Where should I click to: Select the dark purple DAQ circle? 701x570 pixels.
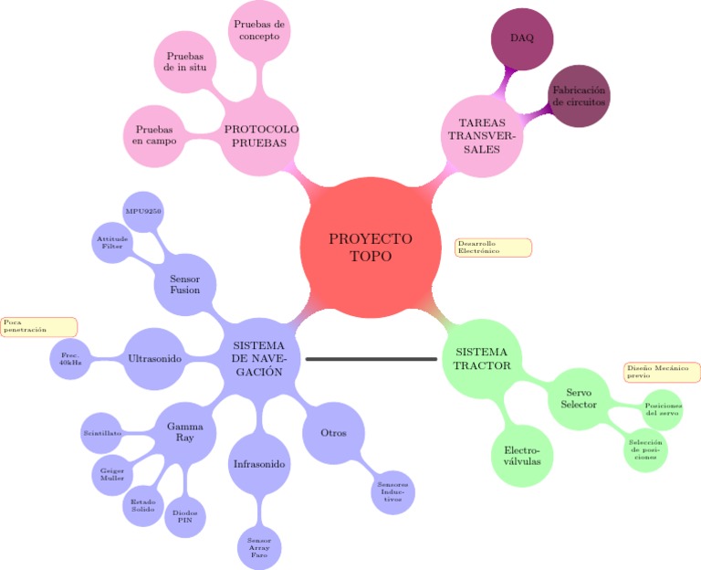point(522,38)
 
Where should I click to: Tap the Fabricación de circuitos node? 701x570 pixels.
point(579,96)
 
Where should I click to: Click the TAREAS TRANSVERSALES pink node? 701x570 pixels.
point(480,136)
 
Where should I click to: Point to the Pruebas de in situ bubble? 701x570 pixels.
point(184,62)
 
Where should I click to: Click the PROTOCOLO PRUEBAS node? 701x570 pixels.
point(261,136)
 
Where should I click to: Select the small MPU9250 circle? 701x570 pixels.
point(143,211)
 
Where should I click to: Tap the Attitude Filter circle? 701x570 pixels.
point(114,242)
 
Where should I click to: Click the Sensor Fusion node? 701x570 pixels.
point(184,283)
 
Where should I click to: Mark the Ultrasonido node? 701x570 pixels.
point(155,359)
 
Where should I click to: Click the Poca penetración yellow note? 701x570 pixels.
point(39,326)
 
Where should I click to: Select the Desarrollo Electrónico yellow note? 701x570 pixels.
point(493,248)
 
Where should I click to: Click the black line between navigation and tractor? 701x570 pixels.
point(371,359)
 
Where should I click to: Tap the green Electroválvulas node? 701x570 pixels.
point(522,456)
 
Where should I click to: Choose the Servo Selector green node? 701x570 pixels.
point(579,398)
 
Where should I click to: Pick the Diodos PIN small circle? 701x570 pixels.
point(184,517)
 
